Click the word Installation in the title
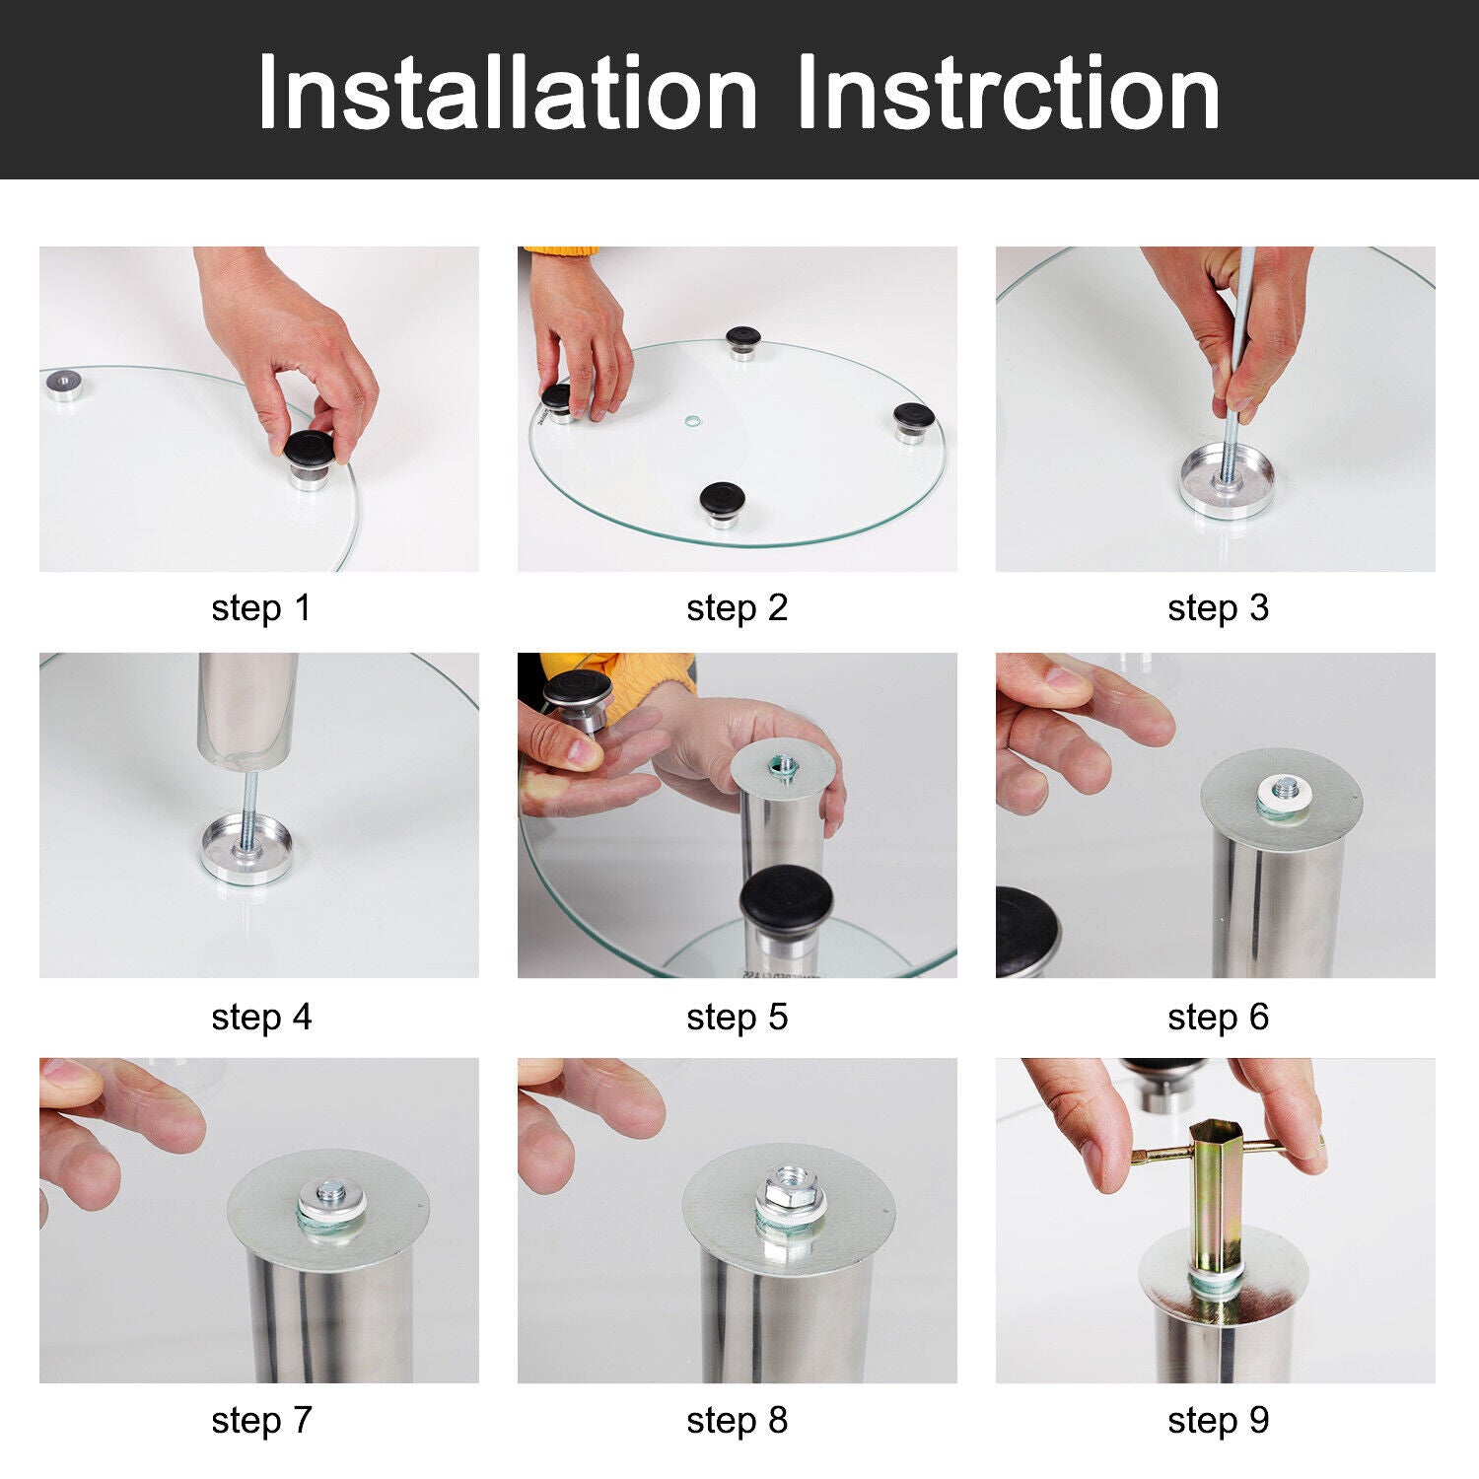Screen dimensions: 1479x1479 (x=508, y=93)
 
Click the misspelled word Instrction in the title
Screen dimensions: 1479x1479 (x=1008, y=93)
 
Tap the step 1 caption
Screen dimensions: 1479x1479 (x=261, y=608)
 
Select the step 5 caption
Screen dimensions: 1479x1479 (x=738, y=1018)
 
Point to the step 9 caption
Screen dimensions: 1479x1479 (x=1219, y=1421)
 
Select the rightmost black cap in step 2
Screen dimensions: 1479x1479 (x=914, y=416)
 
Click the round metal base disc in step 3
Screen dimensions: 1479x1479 (x=1227, y=481)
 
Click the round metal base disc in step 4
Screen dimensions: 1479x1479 (x=246, y=849)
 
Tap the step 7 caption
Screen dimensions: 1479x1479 (x=261, y=1421)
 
